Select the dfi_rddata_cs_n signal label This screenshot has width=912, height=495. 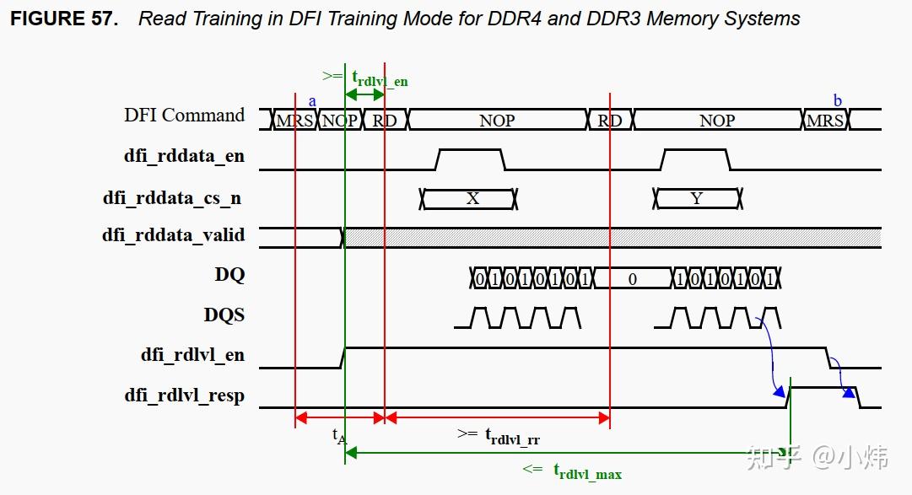pos(172,198)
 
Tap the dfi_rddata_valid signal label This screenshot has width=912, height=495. pos(174,235)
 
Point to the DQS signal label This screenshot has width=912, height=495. pos(224,315)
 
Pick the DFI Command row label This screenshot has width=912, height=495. pos(184,116)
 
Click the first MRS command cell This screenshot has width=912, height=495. pos(294,121)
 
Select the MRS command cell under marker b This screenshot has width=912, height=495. pos(824,121)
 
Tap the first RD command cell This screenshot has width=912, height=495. pos(385,121)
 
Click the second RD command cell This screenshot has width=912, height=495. pos(609,121)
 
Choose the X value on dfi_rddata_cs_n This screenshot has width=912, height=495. pos(472,199)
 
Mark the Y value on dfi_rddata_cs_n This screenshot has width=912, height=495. pos(696,199)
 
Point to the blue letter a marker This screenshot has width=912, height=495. pos(312,101)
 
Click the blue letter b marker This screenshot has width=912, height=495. pos(838,101)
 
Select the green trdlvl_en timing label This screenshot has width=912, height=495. pos(380,79)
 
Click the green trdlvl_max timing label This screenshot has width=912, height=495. pos(587,471)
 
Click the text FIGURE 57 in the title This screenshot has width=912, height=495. pos(64,19)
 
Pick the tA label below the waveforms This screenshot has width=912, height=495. pos(339,436)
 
